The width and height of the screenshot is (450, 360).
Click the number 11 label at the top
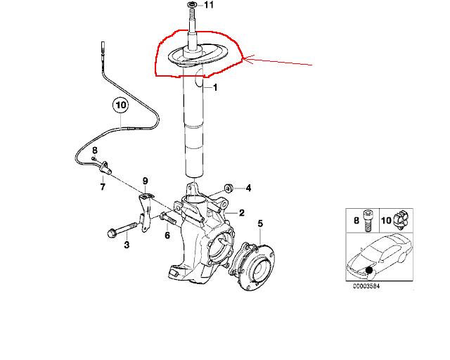(x=209, y=5)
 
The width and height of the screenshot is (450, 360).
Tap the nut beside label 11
(x=191, y=4)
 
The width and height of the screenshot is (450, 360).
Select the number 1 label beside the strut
(x=215, y=87)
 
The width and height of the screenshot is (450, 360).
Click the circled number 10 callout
(x=121, y=105)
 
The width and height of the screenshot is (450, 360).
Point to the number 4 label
(x=248, y=188)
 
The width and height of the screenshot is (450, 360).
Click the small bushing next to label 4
(x=229, y=188)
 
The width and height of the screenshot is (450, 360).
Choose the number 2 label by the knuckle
(x=242, y=213)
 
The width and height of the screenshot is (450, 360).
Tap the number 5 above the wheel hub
(x=260, y=224)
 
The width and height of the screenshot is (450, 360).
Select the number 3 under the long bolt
(x=127, y=245)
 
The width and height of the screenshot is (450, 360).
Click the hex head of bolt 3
(x=111, y=232)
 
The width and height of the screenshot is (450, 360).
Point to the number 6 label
(x=167, y=236)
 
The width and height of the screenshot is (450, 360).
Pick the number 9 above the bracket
(x=146, y=181)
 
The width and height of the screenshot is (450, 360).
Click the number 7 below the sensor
(x=103, y=187)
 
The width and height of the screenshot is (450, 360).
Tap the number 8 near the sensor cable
(x=95, y=150)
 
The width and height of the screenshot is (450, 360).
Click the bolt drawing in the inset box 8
(x=368, y=221)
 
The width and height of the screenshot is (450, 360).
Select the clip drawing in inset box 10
(x=401, y=219)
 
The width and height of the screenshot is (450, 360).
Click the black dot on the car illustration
(x=369, y=270)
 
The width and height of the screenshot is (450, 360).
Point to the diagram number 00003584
(x=366, y=286)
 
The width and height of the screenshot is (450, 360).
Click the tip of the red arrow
(x=243, y=59)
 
